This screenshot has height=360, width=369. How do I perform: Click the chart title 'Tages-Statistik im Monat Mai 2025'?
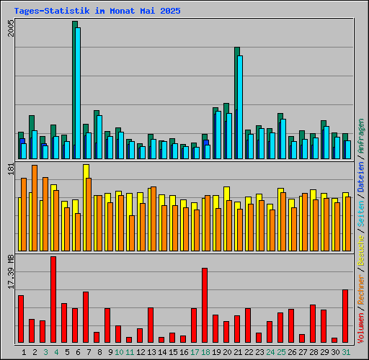[x=97, y=12]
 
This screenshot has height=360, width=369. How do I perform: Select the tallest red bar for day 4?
[x=53, y=300]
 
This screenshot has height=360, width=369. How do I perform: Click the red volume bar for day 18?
[x=205, y=305]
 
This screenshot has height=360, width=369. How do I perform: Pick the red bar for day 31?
[x=345, y=316]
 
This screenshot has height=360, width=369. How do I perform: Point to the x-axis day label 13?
[x=151, y=352]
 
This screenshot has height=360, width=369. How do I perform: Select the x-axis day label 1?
[x=24, y=352]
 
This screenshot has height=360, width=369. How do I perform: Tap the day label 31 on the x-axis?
[x=346, y=352]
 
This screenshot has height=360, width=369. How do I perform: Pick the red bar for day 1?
[x=21, y=319]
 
